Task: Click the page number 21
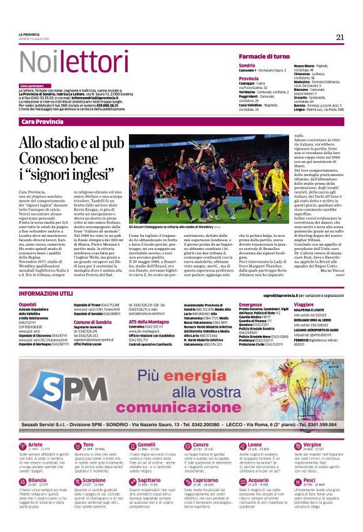tap(340, 37)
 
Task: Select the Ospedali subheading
tap(28, 304)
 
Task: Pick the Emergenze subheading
tap(250, 304)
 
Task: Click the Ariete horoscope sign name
tap(36, 444)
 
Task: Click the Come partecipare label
tap(32, 85)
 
